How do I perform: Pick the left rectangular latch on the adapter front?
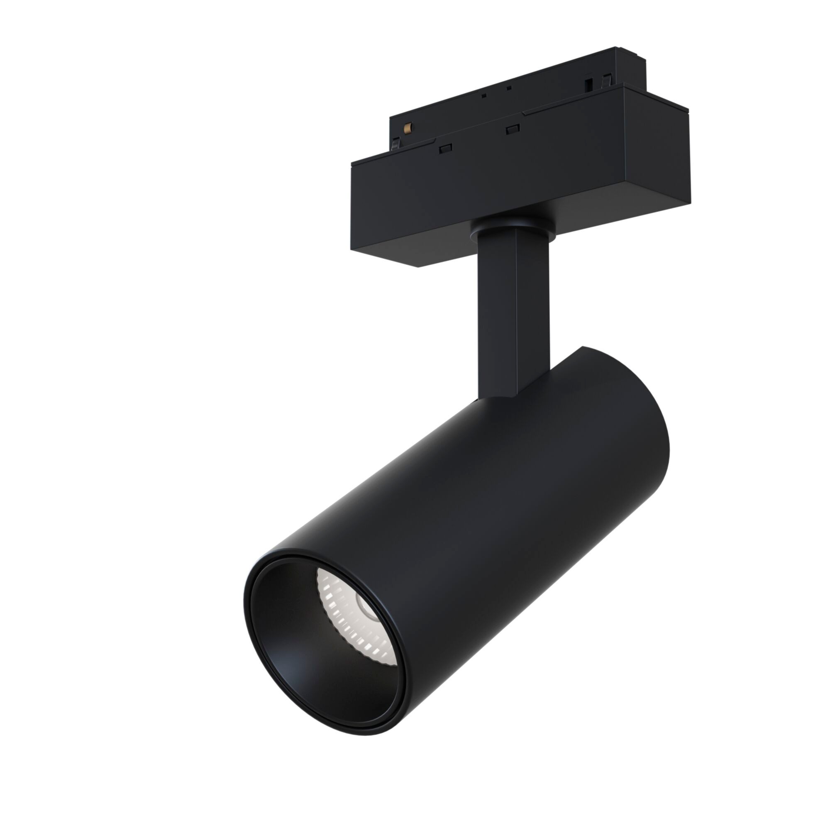pyautogui.click(x=445, y=148)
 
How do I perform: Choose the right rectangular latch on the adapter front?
pyautogui.click(x=513, y=129)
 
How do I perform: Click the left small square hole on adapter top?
pyautogui.click(x=483, y=95)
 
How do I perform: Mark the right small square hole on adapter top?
pyautogui.click(x=509, y=88)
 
